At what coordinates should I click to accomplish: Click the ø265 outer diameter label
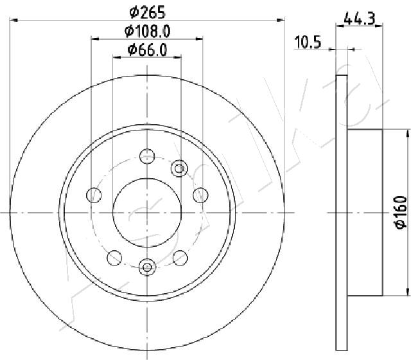[148, 12]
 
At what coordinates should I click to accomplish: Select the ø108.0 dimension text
[148, 32]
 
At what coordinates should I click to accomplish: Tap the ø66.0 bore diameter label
[147, 50]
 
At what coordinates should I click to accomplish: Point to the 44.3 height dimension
[360, 19]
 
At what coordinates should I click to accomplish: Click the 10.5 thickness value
[308, 42]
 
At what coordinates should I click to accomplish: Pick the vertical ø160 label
[401, 213]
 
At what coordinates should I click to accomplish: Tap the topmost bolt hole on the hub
[147, 156]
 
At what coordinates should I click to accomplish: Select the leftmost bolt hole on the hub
[94, 195]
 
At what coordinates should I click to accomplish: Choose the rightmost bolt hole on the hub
[200, 195]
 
